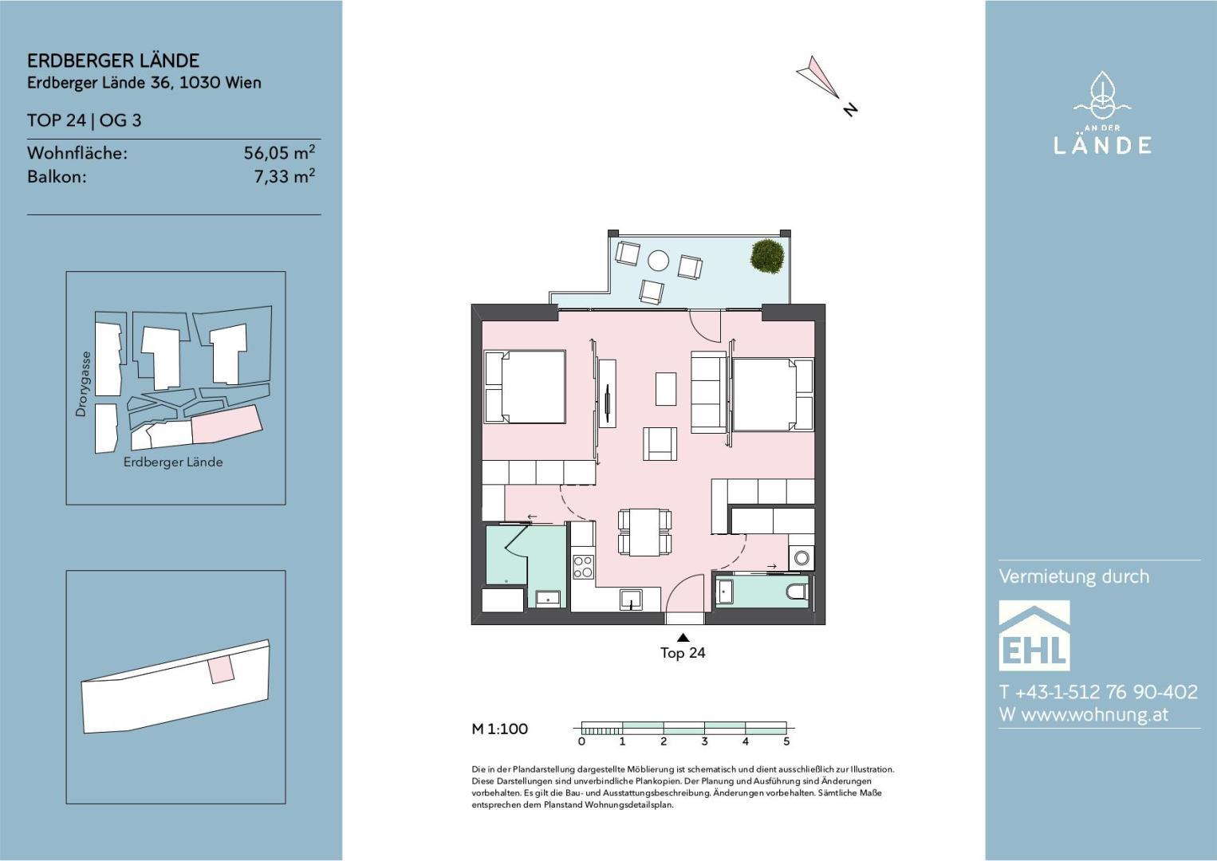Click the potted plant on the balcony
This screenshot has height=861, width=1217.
(767, 256)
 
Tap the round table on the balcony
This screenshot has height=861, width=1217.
(658, 261)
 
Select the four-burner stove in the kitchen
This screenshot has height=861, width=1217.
(583, 566)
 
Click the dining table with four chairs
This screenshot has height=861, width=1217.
(644, 532)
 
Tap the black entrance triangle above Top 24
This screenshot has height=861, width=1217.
(683, 638)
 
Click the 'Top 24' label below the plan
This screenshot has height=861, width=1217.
(683, 653)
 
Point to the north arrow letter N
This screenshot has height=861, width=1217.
(850, 109)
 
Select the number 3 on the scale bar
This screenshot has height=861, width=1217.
(704, 741)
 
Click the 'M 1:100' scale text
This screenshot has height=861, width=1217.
(499, 729)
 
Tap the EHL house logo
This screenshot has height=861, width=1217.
(1034, 635)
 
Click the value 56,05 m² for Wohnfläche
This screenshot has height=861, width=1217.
(279, 152)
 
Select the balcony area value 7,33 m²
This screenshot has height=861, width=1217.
(285, 176)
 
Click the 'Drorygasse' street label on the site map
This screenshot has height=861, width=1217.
(81, 384)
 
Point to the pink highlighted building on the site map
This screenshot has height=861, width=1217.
(227, 424)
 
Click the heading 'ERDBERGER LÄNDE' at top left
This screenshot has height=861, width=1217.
(113, 61)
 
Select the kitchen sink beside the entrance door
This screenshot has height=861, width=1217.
(631, 600)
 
